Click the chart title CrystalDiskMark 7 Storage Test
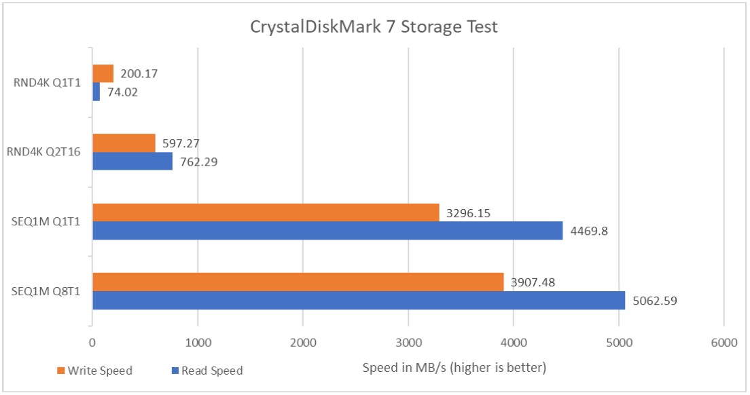[374, 27]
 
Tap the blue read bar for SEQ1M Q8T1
[358, 300]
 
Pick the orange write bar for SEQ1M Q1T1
[266, 212]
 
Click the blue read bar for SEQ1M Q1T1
[327, 231]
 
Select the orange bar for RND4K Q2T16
[124, 143]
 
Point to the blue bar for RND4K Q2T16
[132, 162]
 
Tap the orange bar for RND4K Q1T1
[103, 73]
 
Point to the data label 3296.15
[468, 213]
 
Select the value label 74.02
[122, 92]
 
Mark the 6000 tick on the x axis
[724, 343]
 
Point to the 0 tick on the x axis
[92, 343]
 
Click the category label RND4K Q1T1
[48, 83]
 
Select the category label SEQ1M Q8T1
[48, 292]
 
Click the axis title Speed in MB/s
[454, 369]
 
